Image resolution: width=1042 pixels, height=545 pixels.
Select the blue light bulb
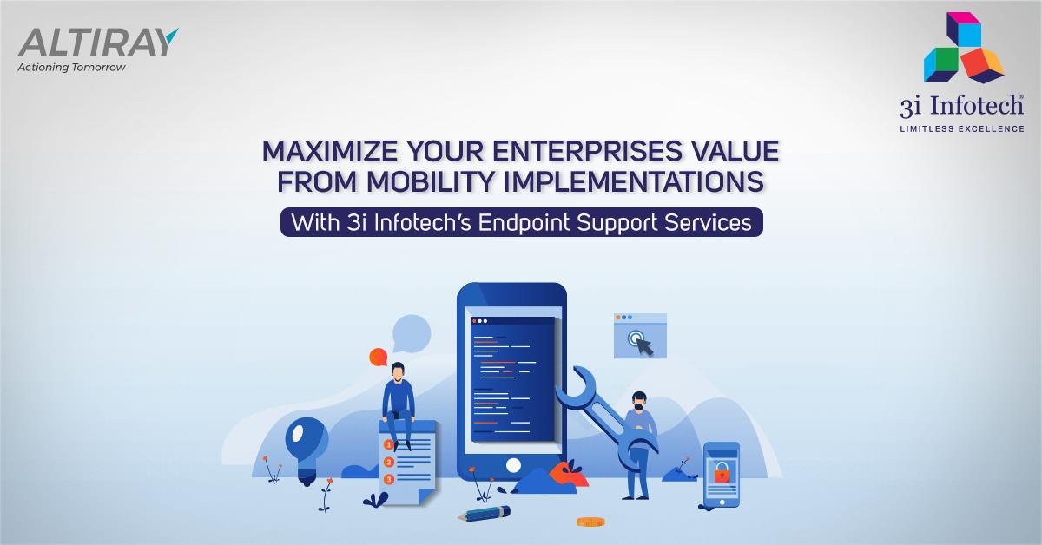pos(305,442)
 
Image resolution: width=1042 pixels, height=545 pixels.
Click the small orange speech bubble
pos(378,357)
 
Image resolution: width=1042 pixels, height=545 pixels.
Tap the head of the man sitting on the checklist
pos(397,371)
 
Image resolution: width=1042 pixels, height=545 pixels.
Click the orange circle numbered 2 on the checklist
pos(389,462)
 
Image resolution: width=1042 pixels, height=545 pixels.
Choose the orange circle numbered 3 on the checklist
pos(389,478)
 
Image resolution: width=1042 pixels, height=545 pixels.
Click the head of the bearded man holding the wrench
pos(639,401)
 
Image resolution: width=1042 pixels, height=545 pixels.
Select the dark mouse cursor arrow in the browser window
pos(644,345)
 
